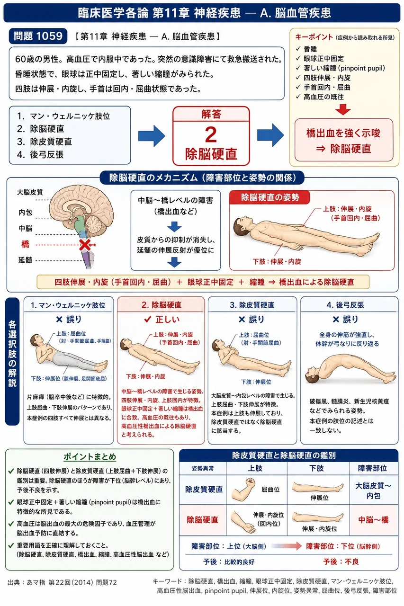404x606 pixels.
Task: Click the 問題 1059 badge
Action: click(38, 36)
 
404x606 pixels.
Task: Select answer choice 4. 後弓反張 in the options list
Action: click(40, 154)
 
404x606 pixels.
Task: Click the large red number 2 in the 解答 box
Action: click(211, 134)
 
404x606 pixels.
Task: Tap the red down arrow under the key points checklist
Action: click(343, 109)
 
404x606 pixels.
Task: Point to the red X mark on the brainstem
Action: click(85, 245)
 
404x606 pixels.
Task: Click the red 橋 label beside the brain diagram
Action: click(25, 244)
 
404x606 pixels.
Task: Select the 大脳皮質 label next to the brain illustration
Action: click(30, 192)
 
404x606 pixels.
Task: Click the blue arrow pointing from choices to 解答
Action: click(152, 136)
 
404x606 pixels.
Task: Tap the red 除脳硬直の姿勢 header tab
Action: click(270, 197)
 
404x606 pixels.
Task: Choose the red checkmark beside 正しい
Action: click(147, 320)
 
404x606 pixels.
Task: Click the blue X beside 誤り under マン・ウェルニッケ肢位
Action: click(59, 320)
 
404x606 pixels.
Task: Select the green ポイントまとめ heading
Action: click(90, 456)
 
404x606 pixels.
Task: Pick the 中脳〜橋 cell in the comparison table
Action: click(373, 519)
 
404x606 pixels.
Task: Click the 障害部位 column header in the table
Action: click(372, 468)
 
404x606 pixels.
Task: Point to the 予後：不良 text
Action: click(341, 561)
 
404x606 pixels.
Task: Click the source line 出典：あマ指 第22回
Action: click(62, 582)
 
